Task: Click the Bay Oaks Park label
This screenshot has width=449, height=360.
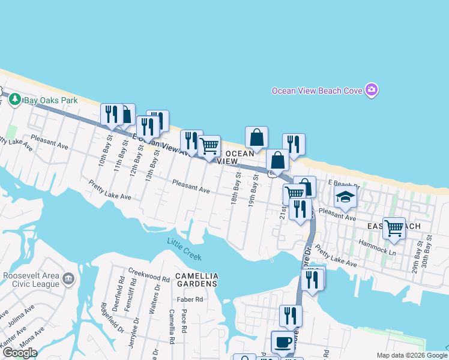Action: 50,100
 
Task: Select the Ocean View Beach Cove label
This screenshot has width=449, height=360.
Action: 317,91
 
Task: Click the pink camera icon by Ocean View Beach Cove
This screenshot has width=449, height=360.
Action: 372,90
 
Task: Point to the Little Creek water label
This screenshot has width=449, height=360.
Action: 184,250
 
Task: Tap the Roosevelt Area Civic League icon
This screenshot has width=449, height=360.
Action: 68,279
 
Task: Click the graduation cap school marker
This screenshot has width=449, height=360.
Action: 345,197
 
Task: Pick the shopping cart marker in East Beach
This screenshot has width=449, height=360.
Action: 394,228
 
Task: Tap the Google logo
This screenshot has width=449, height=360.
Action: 19,353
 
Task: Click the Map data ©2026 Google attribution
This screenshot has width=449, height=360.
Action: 412,355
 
